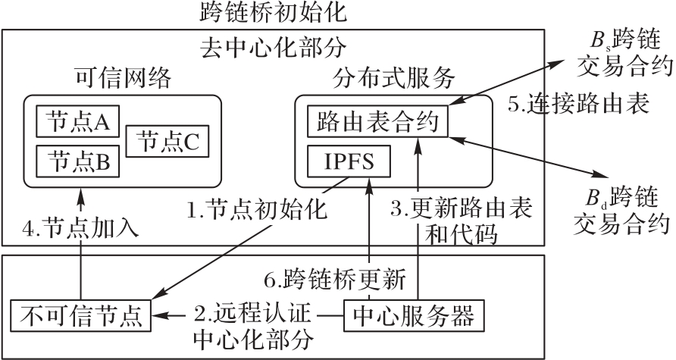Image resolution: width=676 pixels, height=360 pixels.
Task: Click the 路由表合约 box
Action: point(377,121)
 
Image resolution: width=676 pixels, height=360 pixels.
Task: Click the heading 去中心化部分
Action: point(273,48)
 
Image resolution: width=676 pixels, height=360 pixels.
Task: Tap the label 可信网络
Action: point(124,78)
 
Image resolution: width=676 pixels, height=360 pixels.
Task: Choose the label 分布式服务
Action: point(393,78)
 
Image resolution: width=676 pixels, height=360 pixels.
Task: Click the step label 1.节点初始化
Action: point(258,208)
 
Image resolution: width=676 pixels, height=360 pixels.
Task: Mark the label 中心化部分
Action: point(253,337)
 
